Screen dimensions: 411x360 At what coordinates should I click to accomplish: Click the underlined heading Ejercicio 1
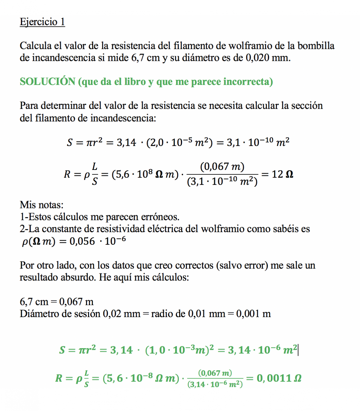click(x=42, y=22)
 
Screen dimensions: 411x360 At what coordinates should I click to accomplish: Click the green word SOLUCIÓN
click(x=47, y=82)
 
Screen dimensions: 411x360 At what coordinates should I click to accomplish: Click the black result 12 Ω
click(x=282, y=174)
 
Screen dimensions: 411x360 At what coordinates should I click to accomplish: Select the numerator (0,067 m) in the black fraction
click(x=222, y=166)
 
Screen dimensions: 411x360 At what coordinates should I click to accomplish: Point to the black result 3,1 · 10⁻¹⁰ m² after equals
click(x=258, y=142)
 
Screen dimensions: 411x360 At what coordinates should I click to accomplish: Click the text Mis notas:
click(x=42, y=205)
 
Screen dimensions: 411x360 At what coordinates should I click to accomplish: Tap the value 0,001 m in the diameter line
click(x=253, y=314)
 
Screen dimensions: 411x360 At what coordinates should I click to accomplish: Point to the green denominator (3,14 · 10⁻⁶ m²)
click(x=215, y=385)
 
